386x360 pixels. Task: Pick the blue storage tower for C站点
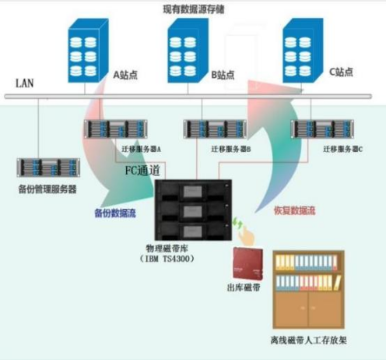click(303, 48)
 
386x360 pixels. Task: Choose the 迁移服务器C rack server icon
click(317, 129)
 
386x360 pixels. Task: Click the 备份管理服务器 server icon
click(47, 167)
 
